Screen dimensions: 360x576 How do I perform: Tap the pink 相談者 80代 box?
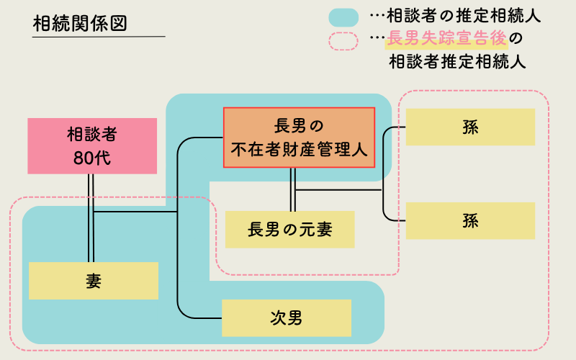point(92,146)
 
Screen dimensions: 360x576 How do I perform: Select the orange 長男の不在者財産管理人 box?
point(299,138)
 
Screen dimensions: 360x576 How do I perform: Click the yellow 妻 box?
point(93,280)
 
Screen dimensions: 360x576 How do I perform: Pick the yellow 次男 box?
point(286,318)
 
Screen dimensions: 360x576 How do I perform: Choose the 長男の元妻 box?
point(289,230)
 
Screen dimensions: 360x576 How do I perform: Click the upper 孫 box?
point(470,127)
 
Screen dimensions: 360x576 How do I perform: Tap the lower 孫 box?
point(470,220)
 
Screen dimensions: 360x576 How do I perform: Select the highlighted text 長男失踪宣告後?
point(446,38)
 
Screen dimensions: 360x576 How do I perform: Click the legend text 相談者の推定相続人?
point(464,15)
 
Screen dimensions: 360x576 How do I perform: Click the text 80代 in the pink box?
point(92,158)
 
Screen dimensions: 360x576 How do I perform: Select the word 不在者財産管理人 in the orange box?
point(299,149)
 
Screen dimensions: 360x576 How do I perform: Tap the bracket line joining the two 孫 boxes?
point(384,173)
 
